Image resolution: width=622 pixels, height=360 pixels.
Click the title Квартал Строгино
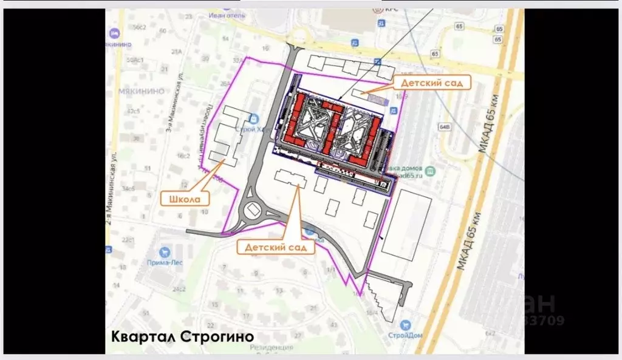click(x=182, y=336)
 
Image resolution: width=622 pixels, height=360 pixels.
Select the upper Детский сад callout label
click(x=432, y=81)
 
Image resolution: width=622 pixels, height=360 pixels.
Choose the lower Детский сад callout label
click(x=280, y=247)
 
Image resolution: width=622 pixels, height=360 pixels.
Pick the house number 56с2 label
click(x=140, y=27)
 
